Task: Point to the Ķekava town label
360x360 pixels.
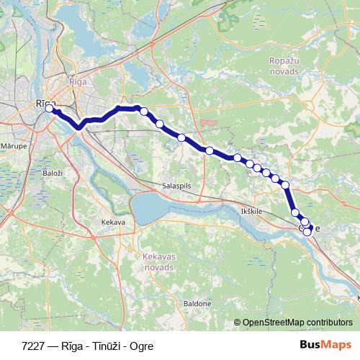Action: click(x=113, y=222)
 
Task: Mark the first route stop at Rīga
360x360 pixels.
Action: click(x=50, y=109)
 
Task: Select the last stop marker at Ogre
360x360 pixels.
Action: click(x=307, y=232)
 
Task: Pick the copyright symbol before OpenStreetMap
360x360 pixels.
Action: click(x=237, y=323)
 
